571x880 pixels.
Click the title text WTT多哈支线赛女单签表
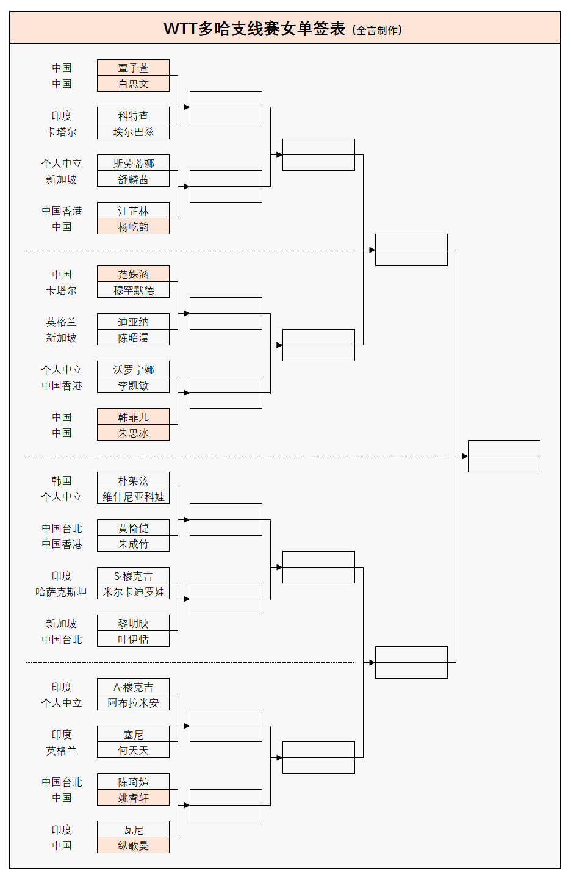click(254, 29)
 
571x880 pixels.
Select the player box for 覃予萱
click(133, 68)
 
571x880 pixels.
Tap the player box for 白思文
click(133, 84)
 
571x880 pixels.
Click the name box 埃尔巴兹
click(133, 131)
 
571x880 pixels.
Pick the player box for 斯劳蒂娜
click(133, 163)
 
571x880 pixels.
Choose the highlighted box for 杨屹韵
click(133, 226)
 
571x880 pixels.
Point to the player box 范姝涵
click(133, 274)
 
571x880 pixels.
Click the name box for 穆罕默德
click(133, 290)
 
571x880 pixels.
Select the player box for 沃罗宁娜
click(133, 369)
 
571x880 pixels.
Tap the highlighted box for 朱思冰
click(133, 433)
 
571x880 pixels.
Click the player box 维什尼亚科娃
click(133, 496)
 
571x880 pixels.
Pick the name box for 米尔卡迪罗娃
click(133, 591)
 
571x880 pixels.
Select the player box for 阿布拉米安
click(133, 702)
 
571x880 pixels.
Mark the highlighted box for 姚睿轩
click(133, 798)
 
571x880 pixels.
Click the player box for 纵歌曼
click(133, 845)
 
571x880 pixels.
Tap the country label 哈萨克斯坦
click(61, 591)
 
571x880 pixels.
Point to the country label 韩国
click(61, 480)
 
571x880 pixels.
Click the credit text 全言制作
click(378, 30)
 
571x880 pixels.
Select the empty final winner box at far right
click(504, 456)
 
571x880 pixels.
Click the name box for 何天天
click(133, 750)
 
